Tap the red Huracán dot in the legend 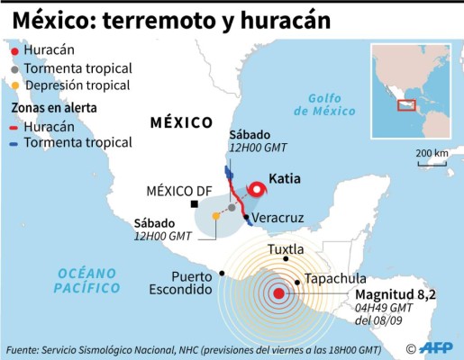pos(14,51)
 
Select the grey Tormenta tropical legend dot pos(14,68)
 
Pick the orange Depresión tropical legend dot pos(14,85)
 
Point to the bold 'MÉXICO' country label pos(181,122)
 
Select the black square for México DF pos(195,206)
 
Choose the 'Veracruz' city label pos(275,219)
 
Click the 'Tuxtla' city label pos(287,248)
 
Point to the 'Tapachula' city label pos(335,279)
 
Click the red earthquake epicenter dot pos(279,292)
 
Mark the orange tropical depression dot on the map pos(214,216)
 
